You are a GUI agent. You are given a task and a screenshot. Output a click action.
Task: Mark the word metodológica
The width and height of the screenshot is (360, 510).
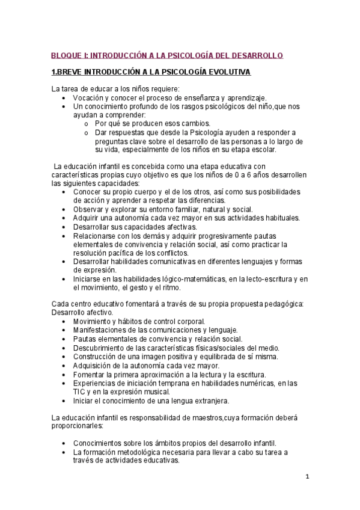[x=148, y=452]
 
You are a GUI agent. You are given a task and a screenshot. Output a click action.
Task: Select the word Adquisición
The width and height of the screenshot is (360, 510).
[x=93, y=365]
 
